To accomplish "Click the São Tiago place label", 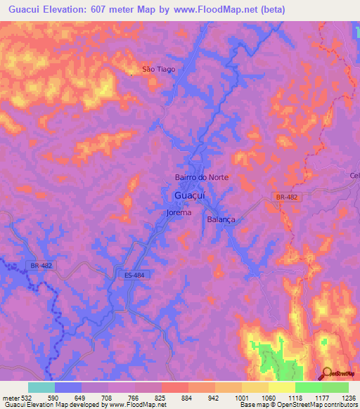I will [158, 70].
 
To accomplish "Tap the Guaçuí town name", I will [189, 195].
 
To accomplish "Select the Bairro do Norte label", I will [201, 178].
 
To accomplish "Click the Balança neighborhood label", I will [221, 219].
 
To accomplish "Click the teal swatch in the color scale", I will [41, 387].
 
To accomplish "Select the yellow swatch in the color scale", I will [282, 387].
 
